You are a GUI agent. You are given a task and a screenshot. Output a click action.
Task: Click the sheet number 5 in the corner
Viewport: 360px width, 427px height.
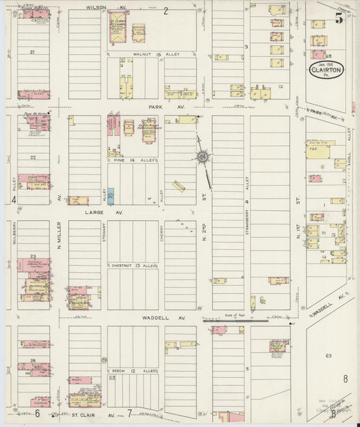click(x=338, y=18)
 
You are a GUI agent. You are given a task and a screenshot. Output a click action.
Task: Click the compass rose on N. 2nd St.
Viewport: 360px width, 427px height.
click(x=202, y=157)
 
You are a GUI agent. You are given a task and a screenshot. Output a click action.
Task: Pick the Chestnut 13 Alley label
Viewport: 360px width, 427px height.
click(x=134, y=266)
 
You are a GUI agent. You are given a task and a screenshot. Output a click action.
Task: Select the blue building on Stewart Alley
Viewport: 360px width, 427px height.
click(x=111, y=197)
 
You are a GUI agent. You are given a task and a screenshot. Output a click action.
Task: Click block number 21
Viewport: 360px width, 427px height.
click(x=32, y=51)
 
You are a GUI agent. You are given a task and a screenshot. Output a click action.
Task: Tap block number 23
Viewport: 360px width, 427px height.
click(x=32, y=255)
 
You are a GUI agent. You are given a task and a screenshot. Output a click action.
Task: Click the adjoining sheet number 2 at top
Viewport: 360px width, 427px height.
click(x=165, y=9)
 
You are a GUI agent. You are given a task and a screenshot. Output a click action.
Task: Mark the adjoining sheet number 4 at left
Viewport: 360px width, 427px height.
click(x=13, y=200)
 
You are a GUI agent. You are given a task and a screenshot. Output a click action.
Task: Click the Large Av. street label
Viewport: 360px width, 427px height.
click(x=94, y=211)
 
